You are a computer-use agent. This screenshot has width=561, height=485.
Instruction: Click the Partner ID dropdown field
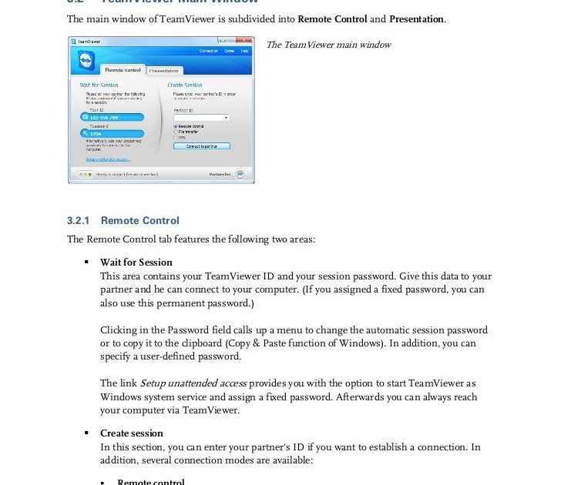click(200, 118)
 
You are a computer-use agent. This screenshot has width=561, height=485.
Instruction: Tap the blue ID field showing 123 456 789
click(112, 117)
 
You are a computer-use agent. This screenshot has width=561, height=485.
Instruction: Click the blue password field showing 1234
click(112, 133)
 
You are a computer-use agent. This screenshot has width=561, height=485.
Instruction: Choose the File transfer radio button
click(176, 132)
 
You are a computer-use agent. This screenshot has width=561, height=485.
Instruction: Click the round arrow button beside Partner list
click(240, 174)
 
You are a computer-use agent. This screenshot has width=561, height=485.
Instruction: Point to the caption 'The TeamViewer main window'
click(328, 45)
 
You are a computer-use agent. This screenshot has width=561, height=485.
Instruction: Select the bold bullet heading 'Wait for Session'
click(136, 263)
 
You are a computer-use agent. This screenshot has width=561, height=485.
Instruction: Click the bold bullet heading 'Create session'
click(132, 433)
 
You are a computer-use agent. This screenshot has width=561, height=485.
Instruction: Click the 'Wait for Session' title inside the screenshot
click(99, 85)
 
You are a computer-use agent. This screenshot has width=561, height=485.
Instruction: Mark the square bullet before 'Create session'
click(88, 433)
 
